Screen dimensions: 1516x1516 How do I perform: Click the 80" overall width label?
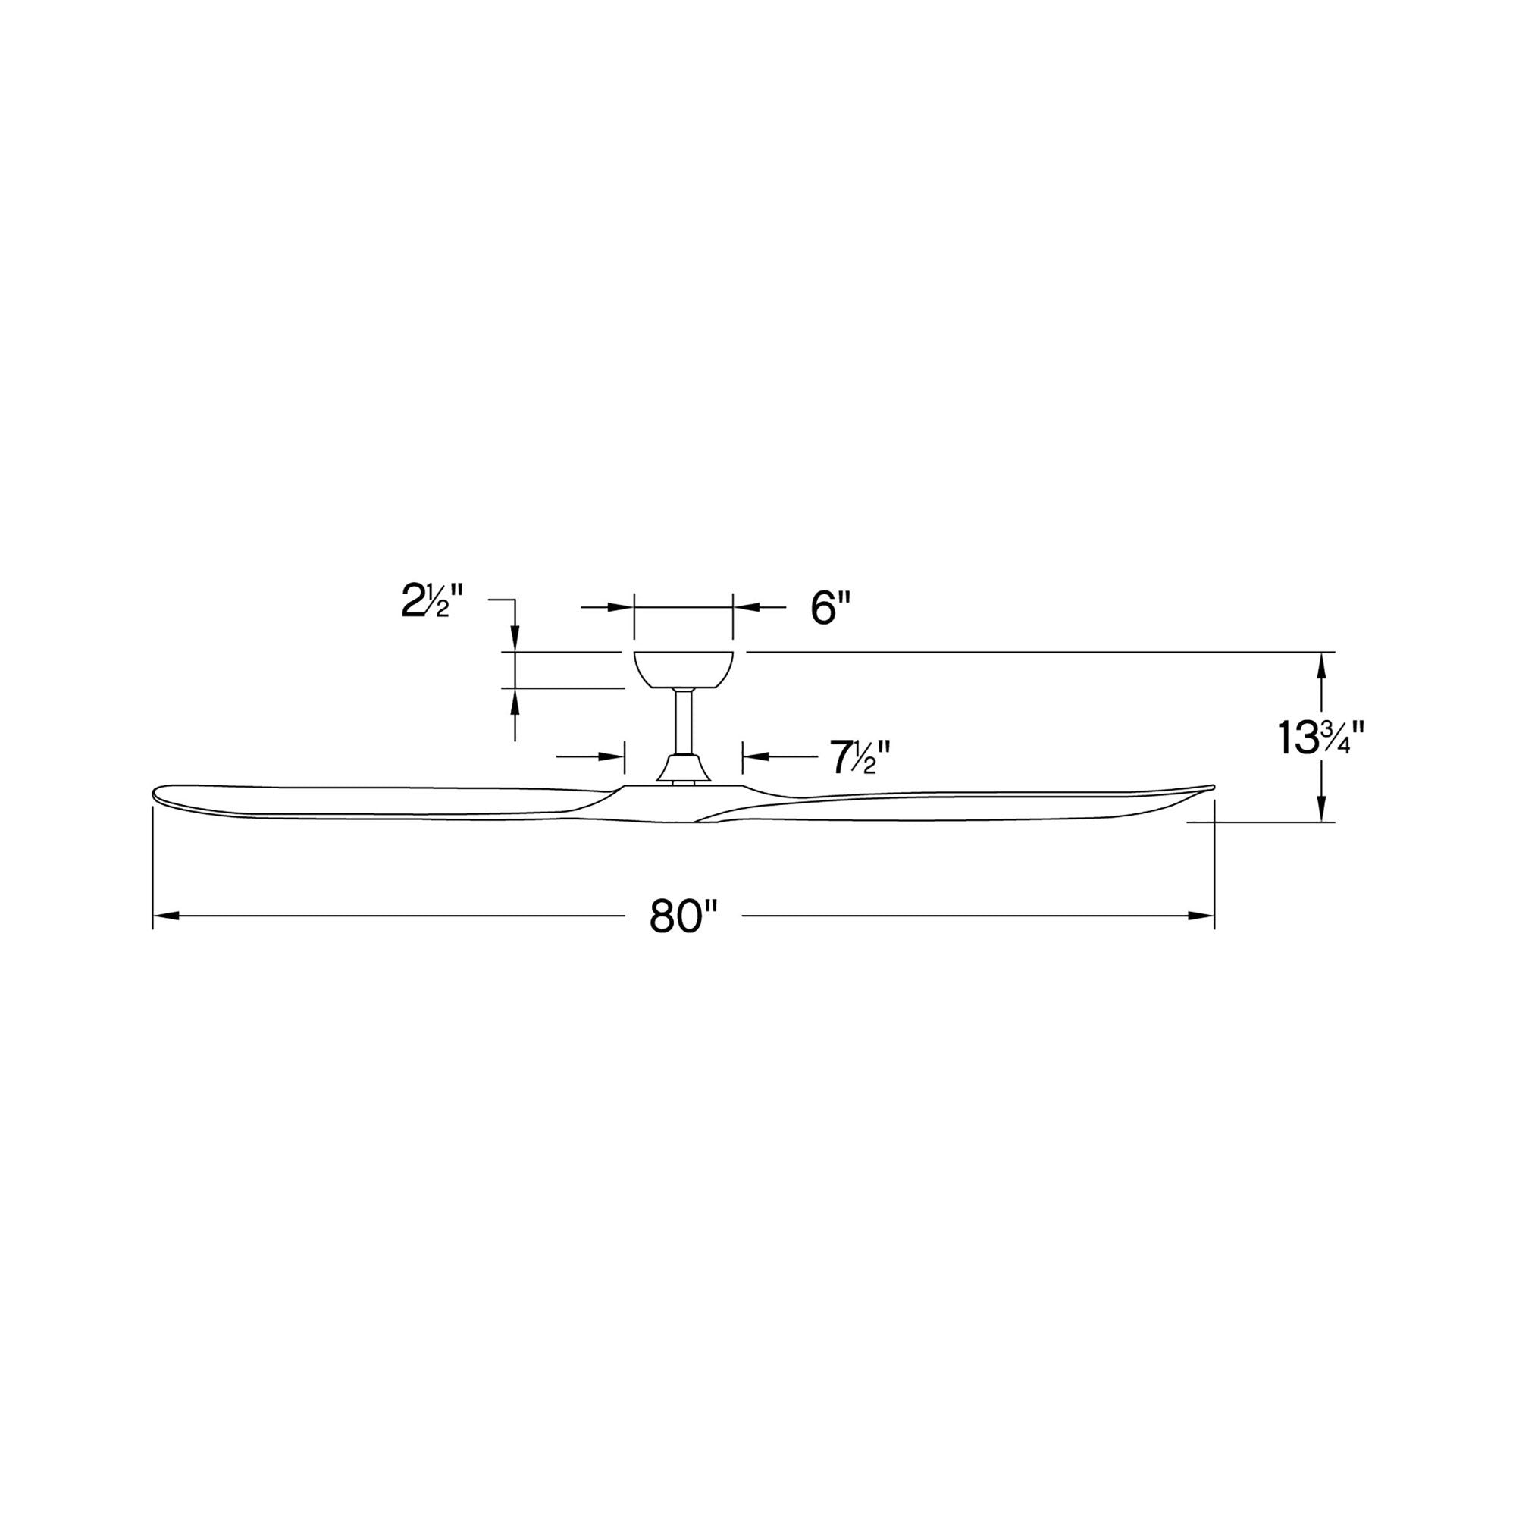click(x=684, y=916)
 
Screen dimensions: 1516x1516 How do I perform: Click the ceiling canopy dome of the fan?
click(x=683, y=669)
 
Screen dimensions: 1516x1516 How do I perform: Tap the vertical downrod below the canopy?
click(x=683, y=721)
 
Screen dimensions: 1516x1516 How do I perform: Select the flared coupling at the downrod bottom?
click(x=684, y=768)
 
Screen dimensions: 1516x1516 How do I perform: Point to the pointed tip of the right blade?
click(x=1211, y=786)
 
